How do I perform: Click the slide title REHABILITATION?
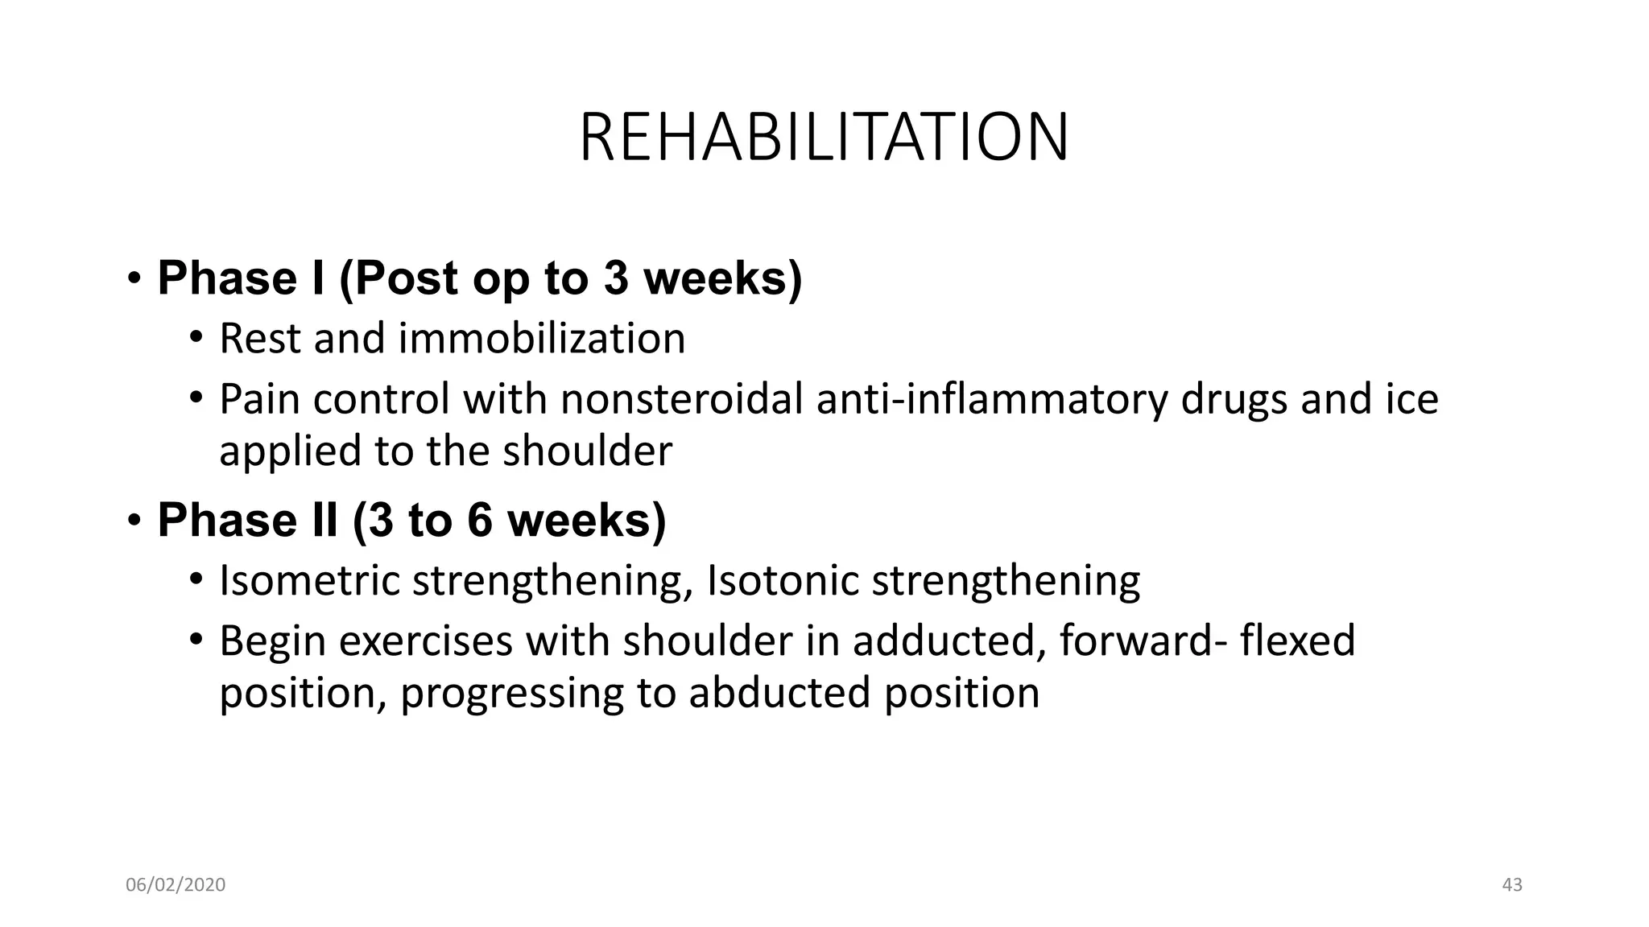824,138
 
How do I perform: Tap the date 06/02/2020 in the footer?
176,885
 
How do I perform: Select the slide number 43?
1512,885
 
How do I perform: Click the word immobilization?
542,338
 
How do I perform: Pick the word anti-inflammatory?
991,399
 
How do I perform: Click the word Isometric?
309,580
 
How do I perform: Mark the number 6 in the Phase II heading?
478,520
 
